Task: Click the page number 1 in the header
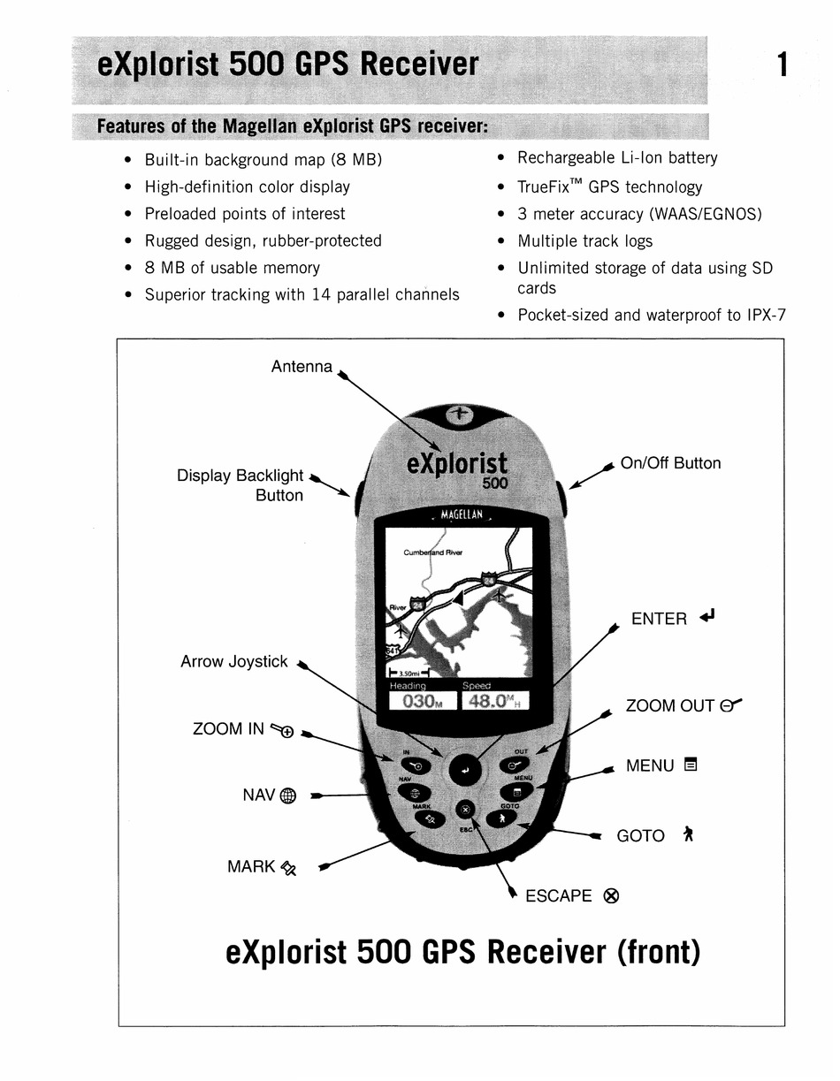[782, 65]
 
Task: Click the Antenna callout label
[302, 366]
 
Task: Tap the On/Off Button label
[670, 463]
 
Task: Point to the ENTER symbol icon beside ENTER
[706, 616]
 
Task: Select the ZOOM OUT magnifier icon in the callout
[730, 704]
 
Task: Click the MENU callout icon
[691, 765]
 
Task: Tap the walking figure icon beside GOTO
[687, 834]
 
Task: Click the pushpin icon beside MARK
[288, 868]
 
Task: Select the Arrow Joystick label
[234, 661]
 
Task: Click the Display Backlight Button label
[241, 485]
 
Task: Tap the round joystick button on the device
[466, 770]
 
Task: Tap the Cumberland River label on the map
[433, 552]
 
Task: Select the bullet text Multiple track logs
[585, 241]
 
